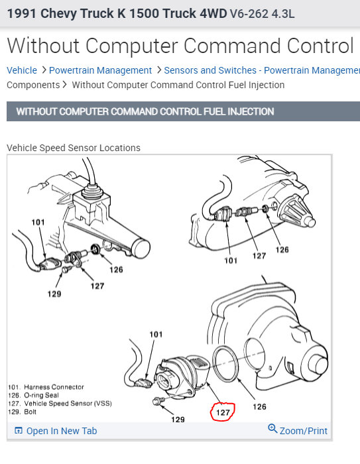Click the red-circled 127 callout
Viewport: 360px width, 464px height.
tap(223, 412)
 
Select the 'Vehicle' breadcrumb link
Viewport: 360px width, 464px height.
tap(22, 70)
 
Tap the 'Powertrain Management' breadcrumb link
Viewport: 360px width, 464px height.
tap(100, 70)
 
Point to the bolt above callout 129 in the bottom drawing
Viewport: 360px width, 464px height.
tap(157, 401)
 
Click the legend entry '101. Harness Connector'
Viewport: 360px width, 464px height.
tap(46, 387)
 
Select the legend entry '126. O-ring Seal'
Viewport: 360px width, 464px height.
tap(33, 395)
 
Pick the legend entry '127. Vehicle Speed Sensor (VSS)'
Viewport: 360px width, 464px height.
tap(60, 404)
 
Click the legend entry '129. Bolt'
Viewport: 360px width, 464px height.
tap(22, 412)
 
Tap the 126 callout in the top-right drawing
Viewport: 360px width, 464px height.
tap(282, 250)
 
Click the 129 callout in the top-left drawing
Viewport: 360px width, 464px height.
tap(54, 294)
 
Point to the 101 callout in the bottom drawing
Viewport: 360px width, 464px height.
tap(156, 334)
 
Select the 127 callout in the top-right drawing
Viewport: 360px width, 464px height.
tap(259, 256)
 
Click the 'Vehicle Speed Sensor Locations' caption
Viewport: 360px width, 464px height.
tap(74, 148)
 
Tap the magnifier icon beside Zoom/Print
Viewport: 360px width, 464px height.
tap(272, 429)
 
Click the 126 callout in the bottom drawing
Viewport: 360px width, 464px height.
tap(259, 407)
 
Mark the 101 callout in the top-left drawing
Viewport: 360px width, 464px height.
tap(38, 222)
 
